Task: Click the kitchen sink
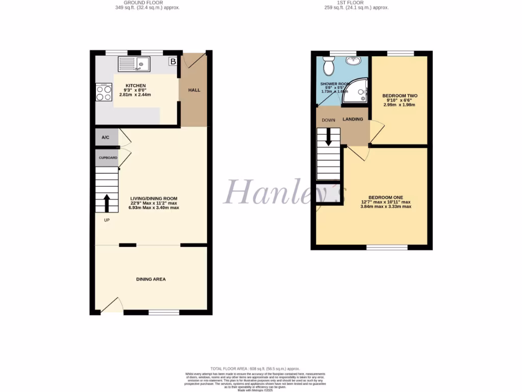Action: [x=134, y=64]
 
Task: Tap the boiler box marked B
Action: [x=173, y=62]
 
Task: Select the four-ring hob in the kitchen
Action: [x=103, y=92]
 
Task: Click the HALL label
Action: [x=194, y=90]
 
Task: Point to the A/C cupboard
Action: [x=106, y=137]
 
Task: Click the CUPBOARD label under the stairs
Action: [x=108, y=158]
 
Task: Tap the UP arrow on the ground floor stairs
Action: [x=107, y=203]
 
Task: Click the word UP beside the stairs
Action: [x=107, y=220]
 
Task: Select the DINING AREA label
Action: [x=151, y=279]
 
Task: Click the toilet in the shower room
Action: [x=329, y=66]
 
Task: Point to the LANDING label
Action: [x=353, y=119]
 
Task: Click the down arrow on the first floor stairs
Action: [x=328, y=136]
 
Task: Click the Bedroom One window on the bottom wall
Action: [x=387, y=247]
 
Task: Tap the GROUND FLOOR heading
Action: [x=147, y=3]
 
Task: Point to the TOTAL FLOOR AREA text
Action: [x=255, y=369]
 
